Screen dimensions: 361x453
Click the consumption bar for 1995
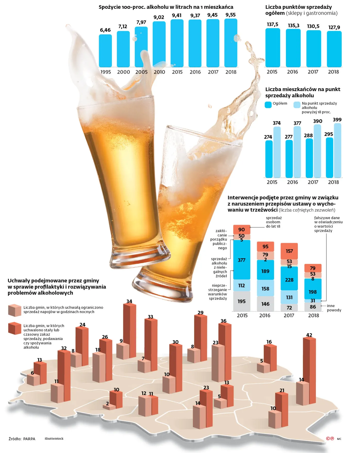(105, 51)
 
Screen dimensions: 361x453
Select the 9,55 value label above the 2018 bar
(231, 15)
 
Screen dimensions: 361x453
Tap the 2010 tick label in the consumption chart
(159, 72)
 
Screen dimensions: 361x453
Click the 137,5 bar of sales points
(273, 48)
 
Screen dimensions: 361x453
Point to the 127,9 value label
(334, 27)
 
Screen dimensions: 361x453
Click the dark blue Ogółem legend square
(268, 105)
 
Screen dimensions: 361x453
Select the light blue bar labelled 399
(338, 150)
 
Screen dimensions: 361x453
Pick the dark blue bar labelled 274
(269, 159)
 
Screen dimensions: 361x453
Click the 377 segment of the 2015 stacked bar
(242, 260)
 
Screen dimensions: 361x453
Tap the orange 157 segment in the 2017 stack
(289, 251)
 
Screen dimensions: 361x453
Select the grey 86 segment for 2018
(313, 307)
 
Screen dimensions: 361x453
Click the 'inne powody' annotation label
(334, 308)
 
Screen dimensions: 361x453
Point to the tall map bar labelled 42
(309, 370)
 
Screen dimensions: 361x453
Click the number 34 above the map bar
(129, 301)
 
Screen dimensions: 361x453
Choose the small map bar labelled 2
(109, 407)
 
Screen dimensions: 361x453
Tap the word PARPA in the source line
(29, 439)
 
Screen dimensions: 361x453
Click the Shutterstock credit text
(54, 439)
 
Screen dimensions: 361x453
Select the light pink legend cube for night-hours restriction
(15, 310)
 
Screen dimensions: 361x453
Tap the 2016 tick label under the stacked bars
(265, 315)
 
